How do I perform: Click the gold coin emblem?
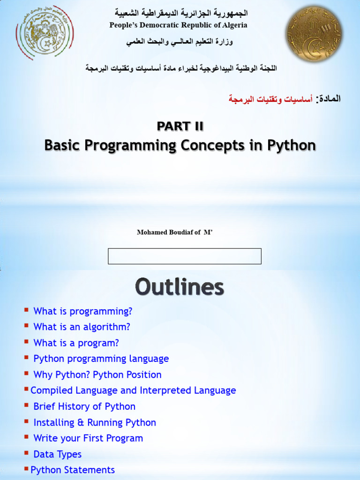coord(314,33)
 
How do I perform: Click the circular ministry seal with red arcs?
coord(45,32)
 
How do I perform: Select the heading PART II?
coord(180,126)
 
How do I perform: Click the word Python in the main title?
coord(292,145)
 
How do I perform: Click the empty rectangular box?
coord(185,256)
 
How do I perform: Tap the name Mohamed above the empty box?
coord(149,232)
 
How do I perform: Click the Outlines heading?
coord(180,287)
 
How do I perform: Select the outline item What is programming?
coord(82,311)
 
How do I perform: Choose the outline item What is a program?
coord(76,343)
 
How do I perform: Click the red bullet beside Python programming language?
coord(27,357)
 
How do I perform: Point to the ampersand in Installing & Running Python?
coord(81,422)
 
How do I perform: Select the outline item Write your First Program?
coord(88,438)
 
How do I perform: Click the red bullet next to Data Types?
coord(27,452)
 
